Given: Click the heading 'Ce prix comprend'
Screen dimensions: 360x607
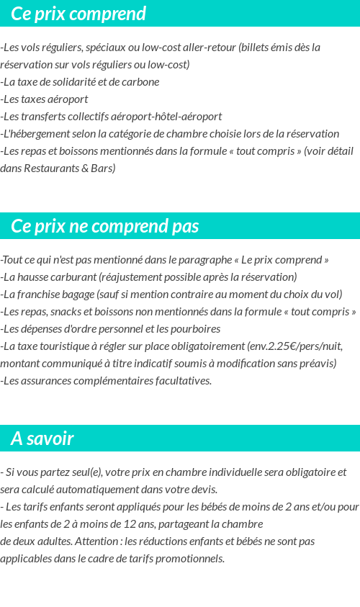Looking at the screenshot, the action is (78, 14).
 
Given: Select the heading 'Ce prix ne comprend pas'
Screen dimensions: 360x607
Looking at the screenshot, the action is (105, 226).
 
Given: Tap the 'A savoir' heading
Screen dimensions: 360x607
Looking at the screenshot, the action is (42, 439).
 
